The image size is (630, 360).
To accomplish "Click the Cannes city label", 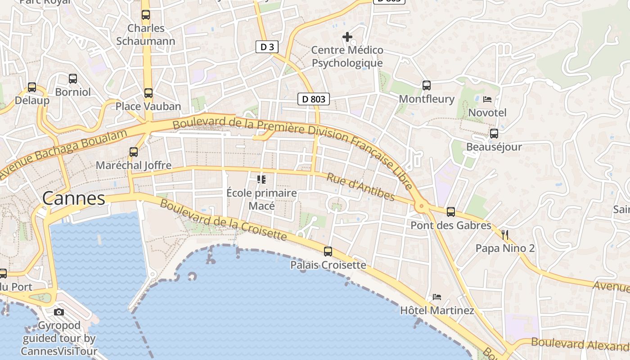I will [x=74, y=198].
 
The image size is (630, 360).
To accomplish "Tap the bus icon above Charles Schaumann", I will [x=146, y=15].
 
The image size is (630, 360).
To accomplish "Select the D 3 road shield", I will [x=267, y=47].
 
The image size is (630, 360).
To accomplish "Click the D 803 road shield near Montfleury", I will [x=314, y=99].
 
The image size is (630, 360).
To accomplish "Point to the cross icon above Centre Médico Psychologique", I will [x=347, y=36].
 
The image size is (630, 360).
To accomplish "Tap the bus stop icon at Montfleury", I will [x=427, y=85].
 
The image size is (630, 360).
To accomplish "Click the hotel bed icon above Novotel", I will [x=487, y=99].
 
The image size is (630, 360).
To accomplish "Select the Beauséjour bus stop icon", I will [x=494, y=134].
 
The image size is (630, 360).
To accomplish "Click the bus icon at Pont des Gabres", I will [x=451, y=212].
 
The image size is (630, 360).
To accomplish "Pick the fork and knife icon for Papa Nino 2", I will [x=505, y=234].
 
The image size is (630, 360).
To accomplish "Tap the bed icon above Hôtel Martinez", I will [x=437, y=297].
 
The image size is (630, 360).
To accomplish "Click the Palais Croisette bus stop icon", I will [x=328, y=252].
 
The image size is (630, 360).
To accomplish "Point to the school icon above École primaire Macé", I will [x=261, y=180].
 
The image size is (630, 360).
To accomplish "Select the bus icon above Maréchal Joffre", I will [x=134, y=152].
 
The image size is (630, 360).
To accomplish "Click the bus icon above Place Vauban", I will [x=148, y=93].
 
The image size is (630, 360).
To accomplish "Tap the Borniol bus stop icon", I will [x=73, y=79].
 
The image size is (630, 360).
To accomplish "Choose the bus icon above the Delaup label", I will [x=31, y=87].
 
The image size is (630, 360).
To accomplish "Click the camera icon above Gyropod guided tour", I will [x=59, y=312].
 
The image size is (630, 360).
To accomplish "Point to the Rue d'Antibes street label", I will [x=360, y=187].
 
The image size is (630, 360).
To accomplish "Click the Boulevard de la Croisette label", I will [x=223, y=220].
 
